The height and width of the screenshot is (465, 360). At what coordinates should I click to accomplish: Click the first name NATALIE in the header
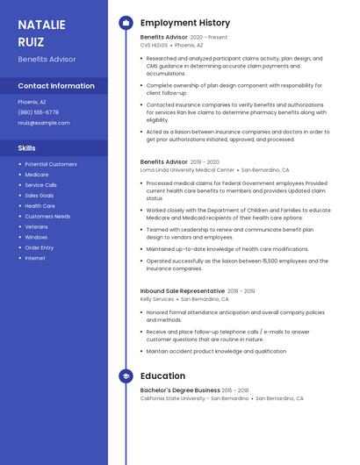(42, 25)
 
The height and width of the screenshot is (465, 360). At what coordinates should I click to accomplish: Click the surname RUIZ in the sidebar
(32, 40)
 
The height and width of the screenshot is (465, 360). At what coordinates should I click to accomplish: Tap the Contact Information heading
(56, 86)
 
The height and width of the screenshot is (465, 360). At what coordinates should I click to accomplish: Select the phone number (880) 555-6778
(39, 112)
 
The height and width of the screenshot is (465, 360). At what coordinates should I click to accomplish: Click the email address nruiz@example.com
(44, 123)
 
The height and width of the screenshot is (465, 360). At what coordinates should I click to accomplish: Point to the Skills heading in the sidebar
(27, 148)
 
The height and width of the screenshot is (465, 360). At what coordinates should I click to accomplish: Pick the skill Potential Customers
(51, 164)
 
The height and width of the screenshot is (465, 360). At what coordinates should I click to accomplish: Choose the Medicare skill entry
(37, 175)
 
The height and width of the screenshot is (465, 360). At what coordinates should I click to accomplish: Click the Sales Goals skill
(40, 196)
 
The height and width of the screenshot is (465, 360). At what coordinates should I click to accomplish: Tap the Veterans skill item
(37, 226)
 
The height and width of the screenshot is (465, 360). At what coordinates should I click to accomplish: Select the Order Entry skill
(40, 247)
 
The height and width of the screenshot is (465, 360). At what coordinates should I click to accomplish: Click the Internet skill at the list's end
(35, 258)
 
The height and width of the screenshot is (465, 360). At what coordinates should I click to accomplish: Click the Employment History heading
(185, 23)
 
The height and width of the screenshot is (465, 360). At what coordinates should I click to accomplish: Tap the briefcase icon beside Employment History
(126, 23)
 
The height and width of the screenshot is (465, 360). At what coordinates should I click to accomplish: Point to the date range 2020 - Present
(209, 38)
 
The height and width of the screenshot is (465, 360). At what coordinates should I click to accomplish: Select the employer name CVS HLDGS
(155, 45)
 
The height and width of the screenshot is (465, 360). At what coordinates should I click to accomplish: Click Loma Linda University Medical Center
(187, 169)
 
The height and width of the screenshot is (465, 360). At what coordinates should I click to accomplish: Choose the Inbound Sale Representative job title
(183, 290)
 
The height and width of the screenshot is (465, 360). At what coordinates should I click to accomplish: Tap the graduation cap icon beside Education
(126, 376)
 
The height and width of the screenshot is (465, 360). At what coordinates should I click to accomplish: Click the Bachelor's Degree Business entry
(180, 390)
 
